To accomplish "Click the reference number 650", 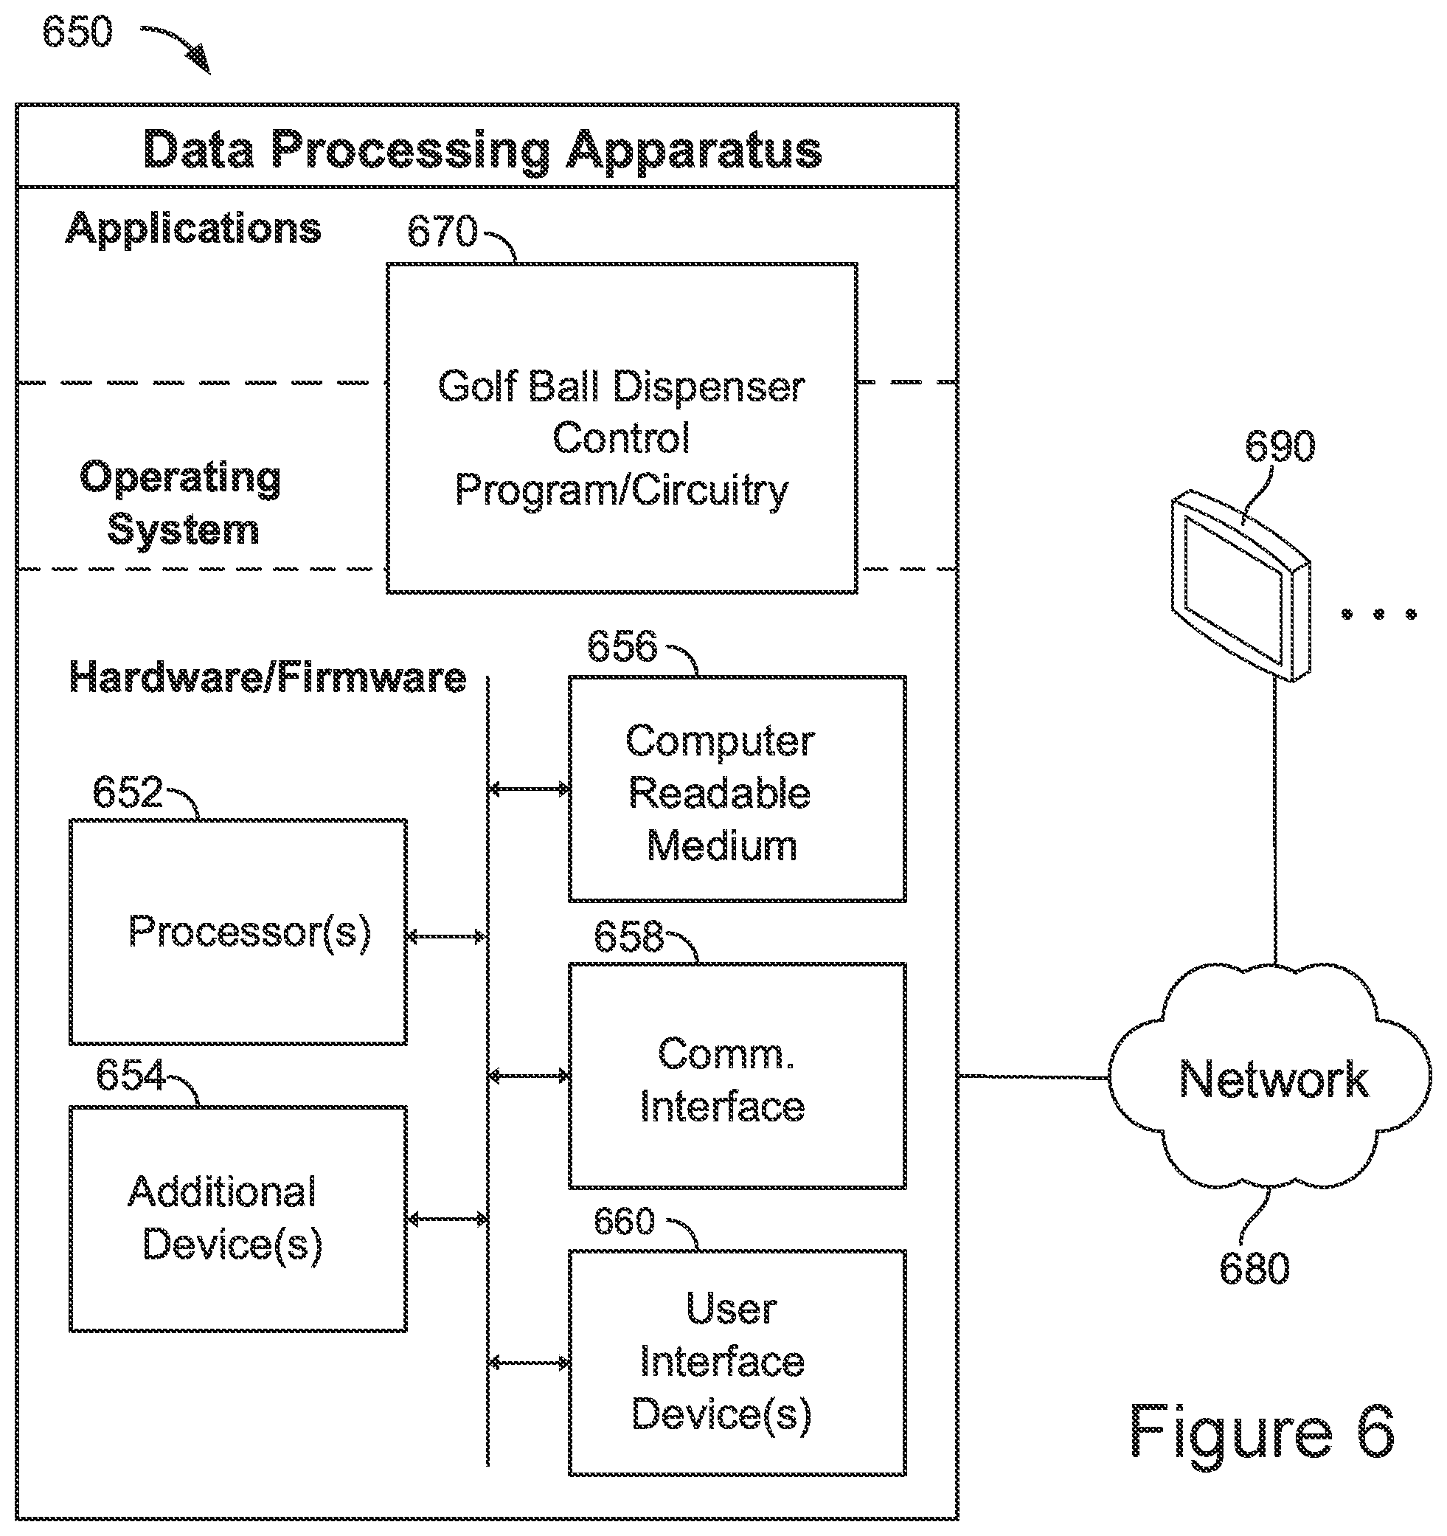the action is [x=77, y=32].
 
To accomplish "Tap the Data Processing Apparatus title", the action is [x=483, y=149].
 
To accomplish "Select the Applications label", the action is [x=193, y=229].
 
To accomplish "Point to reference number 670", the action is [x=443, y=232].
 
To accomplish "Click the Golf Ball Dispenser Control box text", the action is [x=622, y=438].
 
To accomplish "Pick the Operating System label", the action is [x=181, y=502].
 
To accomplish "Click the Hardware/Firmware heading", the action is [x=268, y=677].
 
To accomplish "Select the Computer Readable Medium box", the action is [x=737, y=789].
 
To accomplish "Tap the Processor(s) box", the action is [x=238, y=932].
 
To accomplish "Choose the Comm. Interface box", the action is [x=737, y=1076].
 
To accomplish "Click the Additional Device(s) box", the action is [x=238, y=1220].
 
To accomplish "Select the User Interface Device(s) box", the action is [x=737, y=1363].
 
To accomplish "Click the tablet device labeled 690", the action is [x=1240, y=587].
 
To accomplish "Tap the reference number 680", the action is [x=1255, y=1269].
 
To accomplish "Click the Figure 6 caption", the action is [x=1263, y=1432].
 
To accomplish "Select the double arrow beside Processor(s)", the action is [x=446, y=937].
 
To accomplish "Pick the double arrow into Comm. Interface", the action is [x=530, y=1076].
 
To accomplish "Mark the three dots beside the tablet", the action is [x=1379, y=615].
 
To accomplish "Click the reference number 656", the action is [x=622, y=646].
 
